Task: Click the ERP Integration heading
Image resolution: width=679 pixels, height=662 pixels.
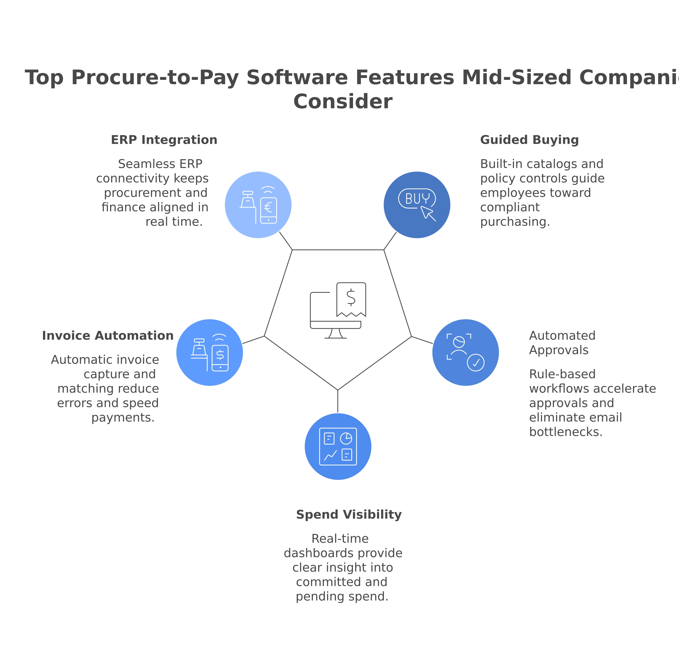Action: (x=164, y=140)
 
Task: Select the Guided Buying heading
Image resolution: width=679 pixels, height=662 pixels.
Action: (x=529, y=140)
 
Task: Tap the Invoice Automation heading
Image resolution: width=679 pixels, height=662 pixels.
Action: (x=108, y=336)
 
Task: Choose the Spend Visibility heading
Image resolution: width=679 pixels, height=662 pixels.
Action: (x=349, y=515)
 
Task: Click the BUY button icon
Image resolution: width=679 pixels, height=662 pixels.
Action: (x=417, y=198)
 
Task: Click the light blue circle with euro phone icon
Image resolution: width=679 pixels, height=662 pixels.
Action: (x=258, y=205)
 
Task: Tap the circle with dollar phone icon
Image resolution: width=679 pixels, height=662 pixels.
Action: (x=210, y=352)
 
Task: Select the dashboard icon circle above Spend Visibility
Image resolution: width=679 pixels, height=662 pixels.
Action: (x=338, y=447)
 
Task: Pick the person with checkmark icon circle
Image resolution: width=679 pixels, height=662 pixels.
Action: (x=466, y=352)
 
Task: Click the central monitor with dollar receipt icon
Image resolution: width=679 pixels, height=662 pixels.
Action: (x=338, y=310)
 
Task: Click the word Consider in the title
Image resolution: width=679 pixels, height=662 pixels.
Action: (x=344, y=101)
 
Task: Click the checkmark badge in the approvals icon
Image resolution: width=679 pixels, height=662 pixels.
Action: (x=476, y=363)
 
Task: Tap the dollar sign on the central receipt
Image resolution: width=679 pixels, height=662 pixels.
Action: (x=351, y=298)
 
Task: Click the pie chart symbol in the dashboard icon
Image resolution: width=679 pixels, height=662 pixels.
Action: (x=346, y=438)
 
